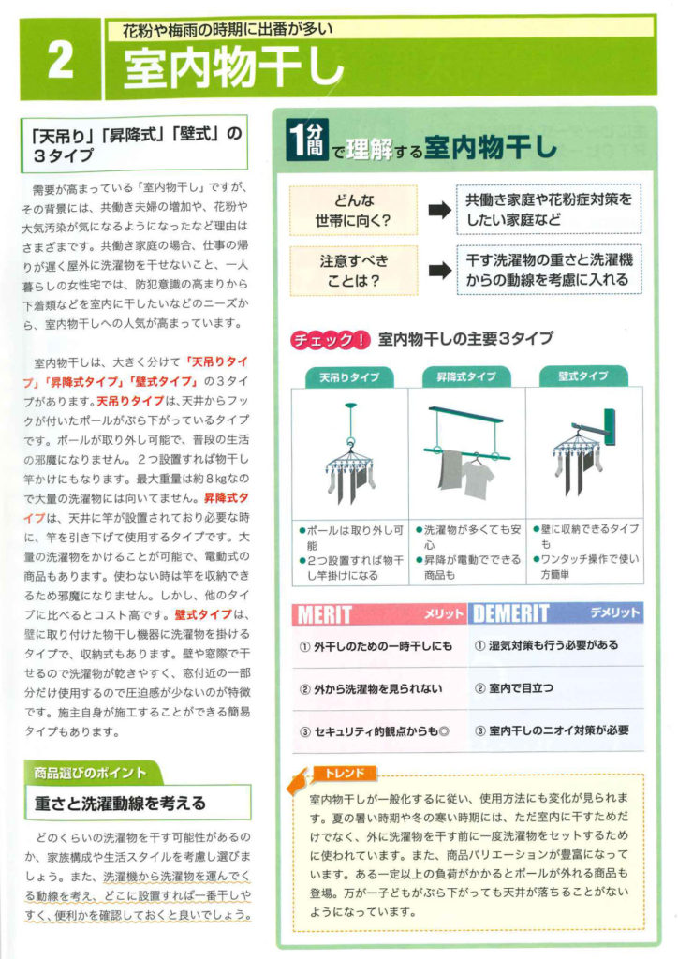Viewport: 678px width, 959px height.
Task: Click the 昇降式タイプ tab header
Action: point(466,376)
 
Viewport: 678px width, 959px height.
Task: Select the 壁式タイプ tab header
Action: point(582,376)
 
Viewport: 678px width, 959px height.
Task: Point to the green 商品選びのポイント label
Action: point(90,773)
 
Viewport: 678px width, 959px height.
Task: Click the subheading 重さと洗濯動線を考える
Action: point(120,803)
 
